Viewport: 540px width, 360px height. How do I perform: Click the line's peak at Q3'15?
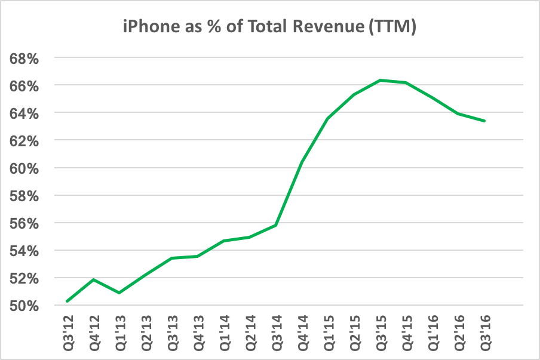point(381,80)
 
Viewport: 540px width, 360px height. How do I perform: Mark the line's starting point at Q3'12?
point(67,301)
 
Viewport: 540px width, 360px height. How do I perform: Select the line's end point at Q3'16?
point(484,121)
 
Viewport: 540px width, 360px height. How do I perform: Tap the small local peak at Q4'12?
point(94,279)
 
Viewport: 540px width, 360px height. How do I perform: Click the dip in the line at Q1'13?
point(119,293)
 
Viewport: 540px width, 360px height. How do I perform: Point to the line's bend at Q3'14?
point(276,225)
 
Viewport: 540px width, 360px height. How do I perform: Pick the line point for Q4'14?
point(302,162)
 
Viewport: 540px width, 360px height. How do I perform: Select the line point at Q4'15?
point(406,82)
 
